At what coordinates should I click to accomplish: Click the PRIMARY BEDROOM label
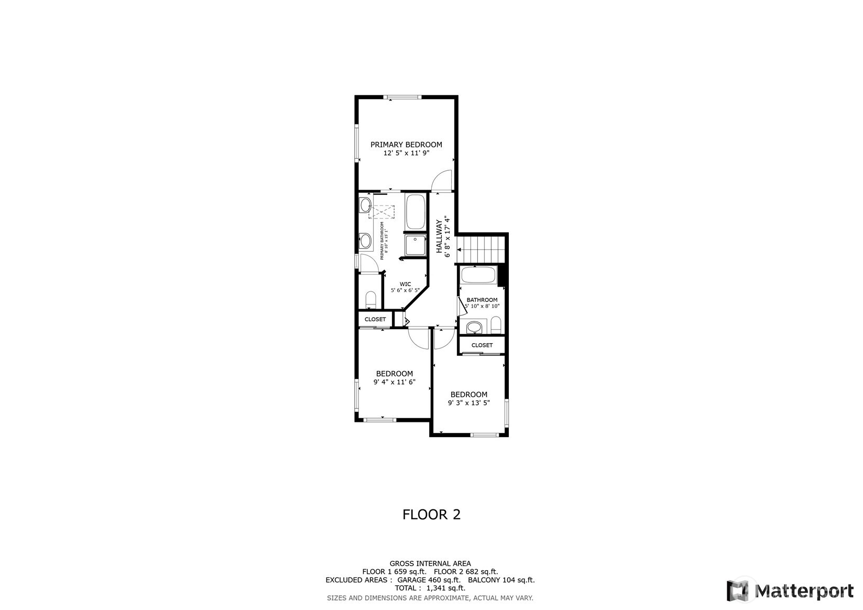tap(406, 145)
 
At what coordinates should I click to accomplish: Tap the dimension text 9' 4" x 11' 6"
tap(395, 382)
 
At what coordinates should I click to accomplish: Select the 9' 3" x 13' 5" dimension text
tap(469, 403)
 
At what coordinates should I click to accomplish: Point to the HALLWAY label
tap(439, 236)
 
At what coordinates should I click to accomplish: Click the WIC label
tap(406, 284)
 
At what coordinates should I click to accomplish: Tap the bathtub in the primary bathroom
tap(416, 212)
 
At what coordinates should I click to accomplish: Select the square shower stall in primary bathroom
tap(416, 245)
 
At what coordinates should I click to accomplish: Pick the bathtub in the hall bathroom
tap(478, 275)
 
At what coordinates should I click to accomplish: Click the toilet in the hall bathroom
tap(496, 325)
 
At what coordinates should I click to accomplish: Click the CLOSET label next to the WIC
tap(375, 319)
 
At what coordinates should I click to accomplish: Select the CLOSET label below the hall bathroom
tap(482, 345)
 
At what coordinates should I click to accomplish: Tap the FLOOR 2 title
tap(432, 515)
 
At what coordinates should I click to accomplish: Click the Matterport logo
tap(790, 590)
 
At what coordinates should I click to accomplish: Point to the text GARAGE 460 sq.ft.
tap(429, 580)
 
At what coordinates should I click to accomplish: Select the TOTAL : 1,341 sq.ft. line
tap(430, 588)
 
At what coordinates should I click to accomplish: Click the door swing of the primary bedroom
tap(442, 180)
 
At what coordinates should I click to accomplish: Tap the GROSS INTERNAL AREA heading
tap(430, 563)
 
